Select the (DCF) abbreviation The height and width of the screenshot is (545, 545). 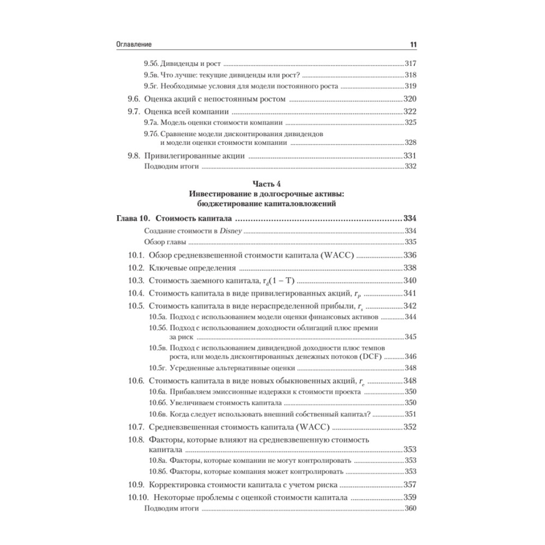pos(372,356)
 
